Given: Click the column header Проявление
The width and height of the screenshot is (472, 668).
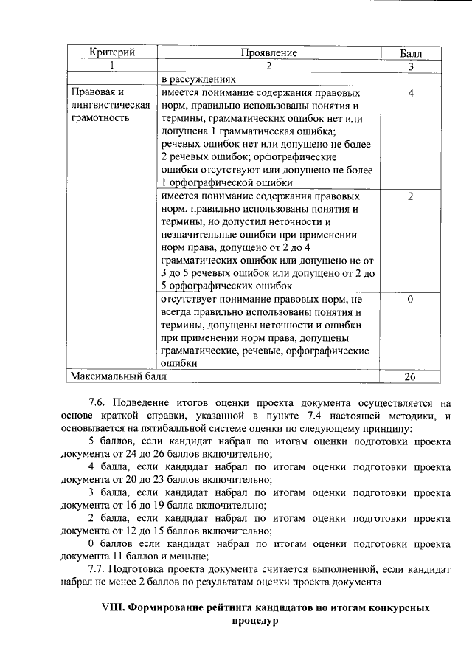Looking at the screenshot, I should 268,53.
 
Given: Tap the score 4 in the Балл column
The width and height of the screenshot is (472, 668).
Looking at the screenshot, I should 410,94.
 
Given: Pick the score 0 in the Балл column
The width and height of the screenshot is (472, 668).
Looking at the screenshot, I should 410,300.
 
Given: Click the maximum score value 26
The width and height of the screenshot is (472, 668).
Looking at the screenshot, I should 410,376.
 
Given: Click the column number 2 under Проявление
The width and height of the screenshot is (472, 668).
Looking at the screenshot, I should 268,66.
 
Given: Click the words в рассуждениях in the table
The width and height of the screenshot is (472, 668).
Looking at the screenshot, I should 198,79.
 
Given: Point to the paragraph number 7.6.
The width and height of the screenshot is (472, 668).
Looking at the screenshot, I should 99,404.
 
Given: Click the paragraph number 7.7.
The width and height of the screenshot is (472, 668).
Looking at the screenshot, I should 99,569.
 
